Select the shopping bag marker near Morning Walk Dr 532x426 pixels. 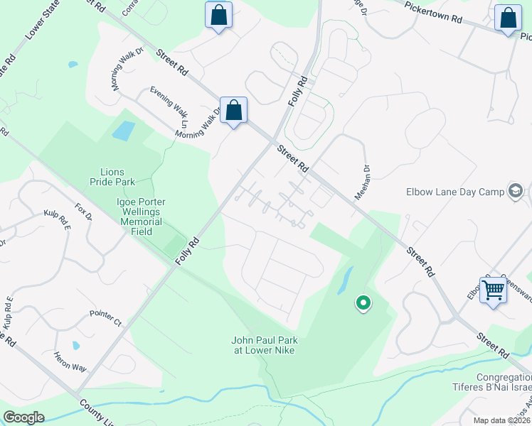point(233,111)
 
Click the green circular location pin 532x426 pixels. point(363,304)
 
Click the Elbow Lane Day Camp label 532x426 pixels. point(453,191)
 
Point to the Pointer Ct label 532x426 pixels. point(107,317)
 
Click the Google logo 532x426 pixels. point(23,417)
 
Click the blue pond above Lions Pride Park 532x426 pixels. point(123,131)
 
